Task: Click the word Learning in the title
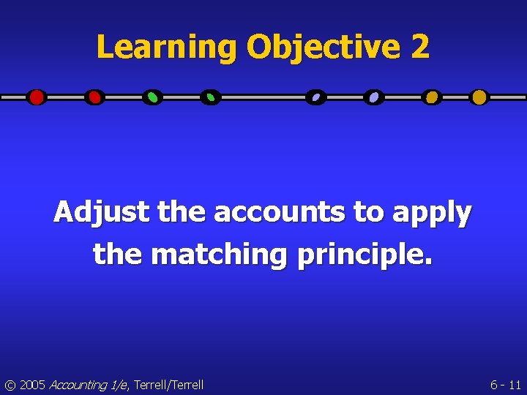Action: click(168, 48)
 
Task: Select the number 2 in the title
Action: click(420, 48)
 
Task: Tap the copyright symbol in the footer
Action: click(10, 385)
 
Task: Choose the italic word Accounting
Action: click(76, 385)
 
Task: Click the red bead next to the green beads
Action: click(94, 97)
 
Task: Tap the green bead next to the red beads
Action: click(152, 97)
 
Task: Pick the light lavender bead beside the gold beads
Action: click(373, 97)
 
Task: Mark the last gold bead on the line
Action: click(479, 97)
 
